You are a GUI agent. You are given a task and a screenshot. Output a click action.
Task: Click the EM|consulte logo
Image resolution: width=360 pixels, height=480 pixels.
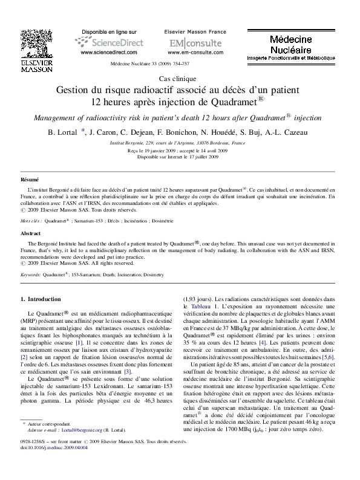[x=186, y=44]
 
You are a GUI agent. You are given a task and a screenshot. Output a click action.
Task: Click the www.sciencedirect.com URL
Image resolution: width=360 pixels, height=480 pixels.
[x=104, y=53]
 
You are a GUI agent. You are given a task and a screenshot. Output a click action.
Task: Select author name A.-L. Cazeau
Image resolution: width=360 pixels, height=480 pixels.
[x=292, y=132]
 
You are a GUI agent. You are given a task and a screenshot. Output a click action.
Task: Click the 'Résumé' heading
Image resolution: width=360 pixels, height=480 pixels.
[x=30, y=180]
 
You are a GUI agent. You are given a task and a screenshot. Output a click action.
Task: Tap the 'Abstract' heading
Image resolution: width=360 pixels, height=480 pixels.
[x=31, y=233]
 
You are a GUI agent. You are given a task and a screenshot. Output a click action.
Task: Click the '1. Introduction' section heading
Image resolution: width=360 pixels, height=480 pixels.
[x=41, y=299]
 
